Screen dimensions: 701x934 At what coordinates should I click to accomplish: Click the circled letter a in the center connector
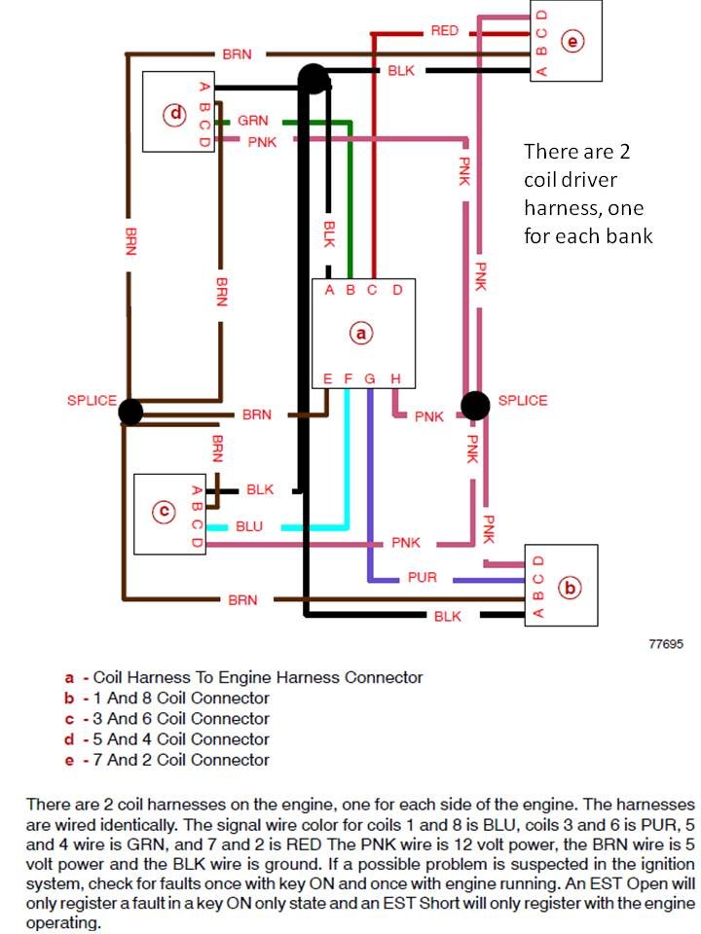coord(360,333)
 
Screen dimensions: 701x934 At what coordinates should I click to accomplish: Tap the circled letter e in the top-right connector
coord(572,42)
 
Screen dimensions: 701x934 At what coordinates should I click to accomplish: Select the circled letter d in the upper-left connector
coord(175,113)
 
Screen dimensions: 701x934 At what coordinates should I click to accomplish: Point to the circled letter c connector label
coord(164,512)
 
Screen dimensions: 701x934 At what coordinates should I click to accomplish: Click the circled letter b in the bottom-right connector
coord(570,588)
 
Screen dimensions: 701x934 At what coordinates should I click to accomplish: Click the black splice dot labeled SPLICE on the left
coord(130,411)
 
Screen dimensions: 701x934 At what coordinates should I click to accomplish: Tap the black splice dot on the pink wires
coord(475,405)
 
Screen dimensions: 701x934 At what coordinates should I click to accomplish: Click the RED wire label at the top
coord(445,30)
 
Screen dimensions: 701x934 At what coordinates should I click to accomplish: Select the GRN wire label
coord(253,121)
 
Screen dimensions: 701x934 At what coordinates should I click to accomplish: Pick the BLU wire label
coord(249,526)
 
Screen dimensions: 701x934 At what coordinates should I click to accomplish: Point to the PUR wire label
coord(422,577)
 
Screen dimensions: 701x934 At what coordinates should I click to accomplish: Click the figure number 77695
coord(666,644)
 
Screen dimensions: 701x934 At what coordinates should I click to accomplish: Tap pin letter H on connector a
coord(396,378)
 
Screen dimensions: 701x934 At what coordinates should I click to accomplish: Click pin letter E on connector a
coord(327,378)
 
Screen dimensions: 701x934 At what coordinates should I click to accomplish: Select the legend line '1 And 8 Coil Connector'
coord(181,699)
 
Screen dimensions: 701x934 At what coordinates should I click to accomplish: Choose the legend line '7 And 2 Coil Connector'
coord(181,760)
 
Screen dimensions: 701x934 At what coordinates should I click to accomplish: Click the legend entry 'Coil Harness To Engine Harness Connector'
coord(258,677)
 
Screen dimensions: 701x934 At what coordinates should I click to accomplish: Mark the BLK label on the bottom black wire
coord(447,616)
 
